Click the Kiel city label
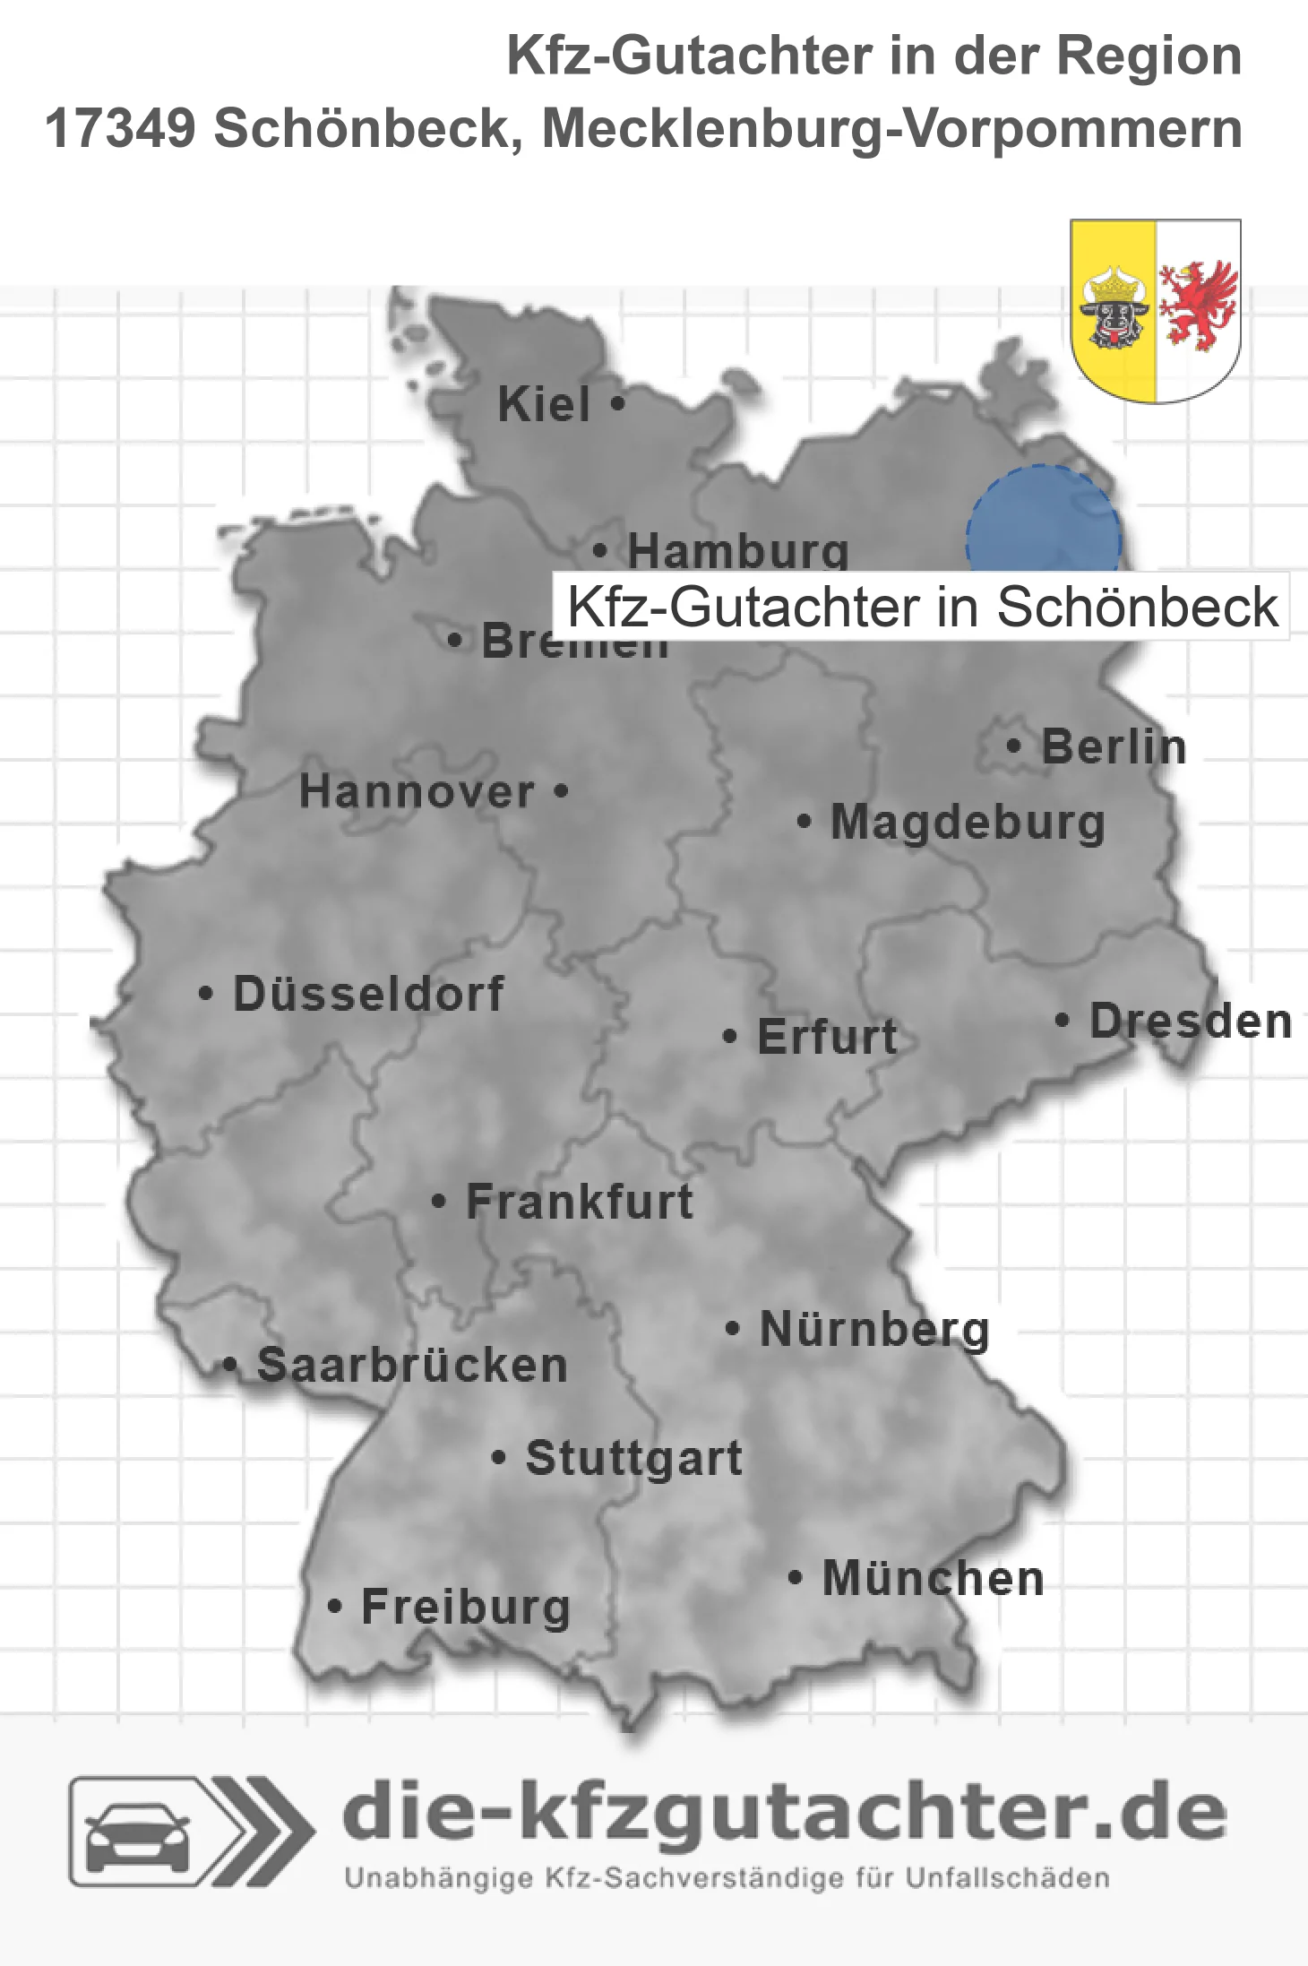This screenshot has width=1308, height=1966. (544, 404)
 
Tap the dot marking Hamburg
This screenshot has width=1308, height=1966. (600, 550)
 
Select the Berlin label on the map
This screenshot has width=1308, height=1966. (1114, 746)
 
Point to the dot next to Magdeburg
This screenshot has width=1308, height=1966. (804, 821)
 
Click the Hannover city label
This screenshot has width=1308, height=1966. (417, 792)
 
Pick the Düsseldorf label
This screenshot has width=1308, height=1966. (368, 994)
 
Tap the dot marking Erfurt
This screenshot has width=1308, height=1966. (730, 1037)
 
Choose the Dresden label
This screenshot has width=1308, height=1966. (1191, 1021)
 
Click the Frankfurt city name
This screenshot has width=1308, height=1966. (580, 1202)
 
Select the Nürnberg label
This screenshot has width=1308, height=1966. (874, 1329)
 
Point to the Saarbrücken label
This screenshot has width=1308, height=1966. (412, 1366)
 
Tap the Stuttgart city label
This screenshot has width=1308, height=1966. (633, 1458)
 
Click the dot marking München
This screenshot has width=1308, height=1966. (795, 1577)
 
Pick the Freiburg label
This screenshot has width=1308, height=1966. (466, 1607)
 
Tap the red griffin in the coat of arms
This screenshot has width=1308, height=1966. (1198, 305)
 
